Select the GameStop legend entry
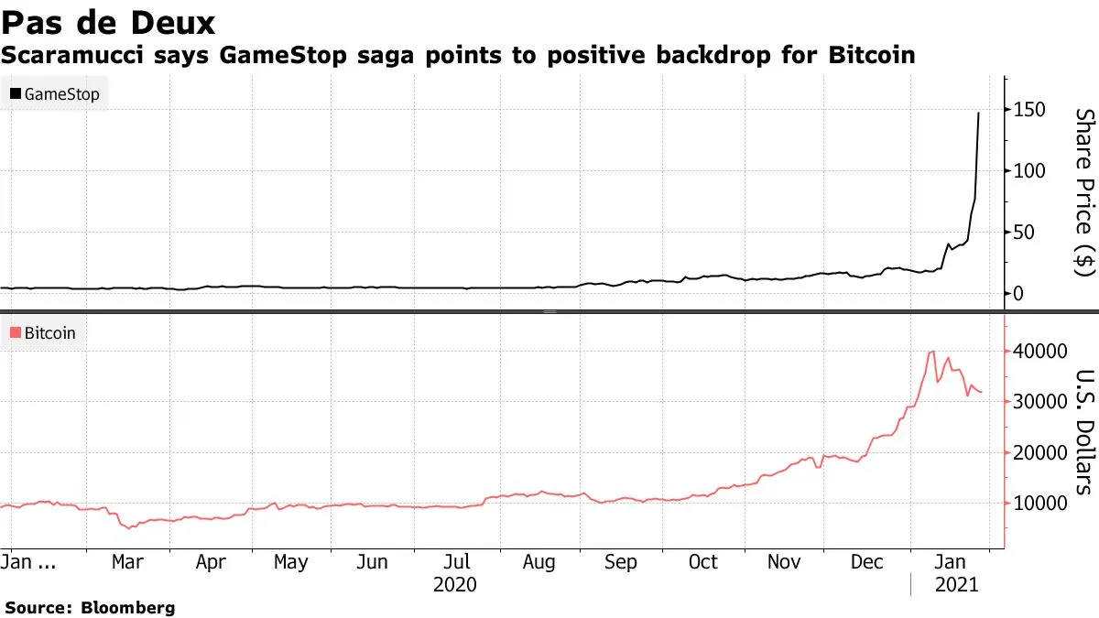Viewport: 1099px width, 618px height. [x=55, y=94]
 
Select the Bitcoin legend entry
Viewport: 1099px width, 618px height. [x=46, y=333]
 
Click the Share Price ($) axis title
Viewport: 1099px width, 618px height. [x=1084, y=192]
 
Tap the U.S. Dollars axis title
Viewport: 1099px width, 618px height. [x=1084, y=431]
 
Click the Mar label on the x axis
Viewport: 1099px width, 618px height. [x=127, y=562]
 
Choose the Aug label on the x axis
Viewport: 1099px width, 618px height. [x=539, y=562]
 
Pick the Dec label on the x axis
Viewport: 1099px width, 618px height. [x=866, y=562]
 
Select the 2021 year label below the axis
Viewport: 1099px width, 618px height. [x=956, y=584]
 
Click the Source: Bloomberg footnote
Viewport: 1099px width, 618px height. [x=90, y=607]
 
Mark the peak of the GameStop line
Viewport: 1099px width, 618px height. [x=979, y=113]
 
